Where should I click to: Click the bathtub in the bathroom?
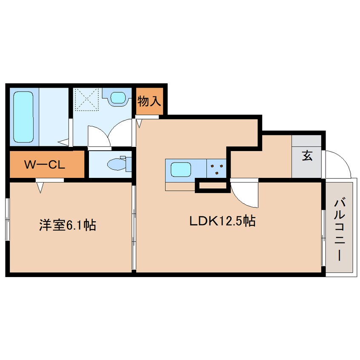pos(23,117)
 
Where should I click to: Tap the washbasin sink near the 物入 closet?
pos(118,97)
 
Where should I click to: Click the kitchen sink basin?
pos(181,169)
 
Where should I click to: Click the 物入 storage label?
pos(149,101)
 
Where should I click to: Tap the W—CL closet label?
pos(45,164)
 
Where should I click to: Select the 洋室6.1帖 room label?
pos(68,225)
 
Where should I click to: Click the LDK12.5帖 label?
pos(222,221)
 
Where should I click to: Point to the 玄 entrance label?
pos(307,156)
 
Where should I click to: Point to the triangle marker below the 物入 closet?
pos(139,123)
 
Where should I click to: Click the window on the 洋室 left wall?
pos(7,219)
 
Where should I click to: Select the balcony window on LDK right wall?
pos(323,238)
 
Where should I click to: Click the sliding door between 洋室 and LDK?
pos(134,227)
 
